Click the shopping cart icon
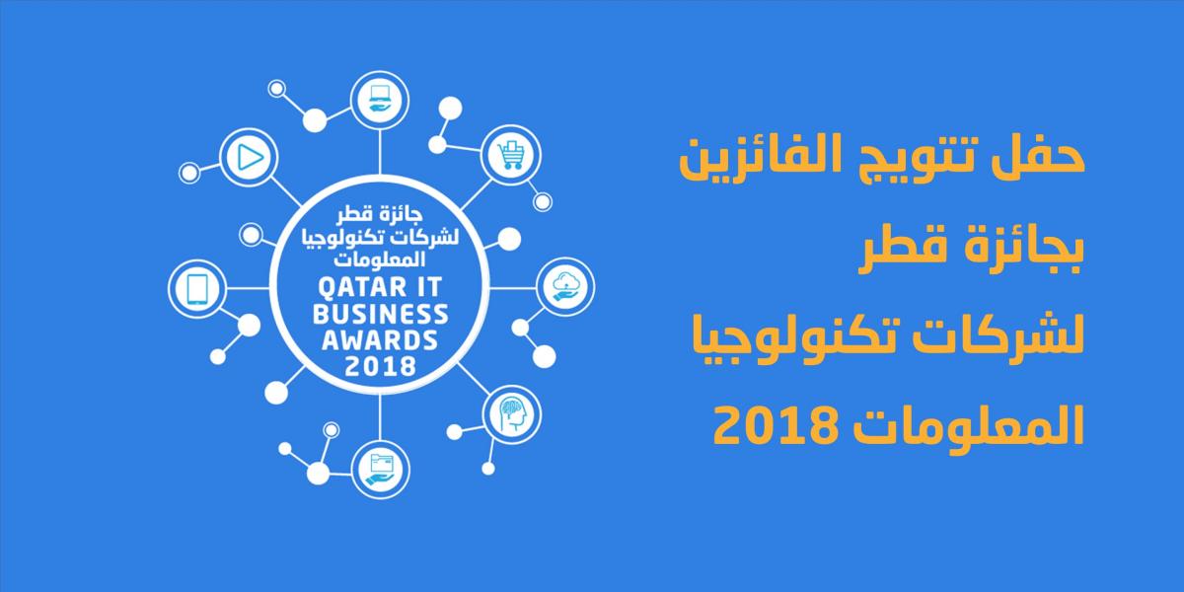click(511, 156)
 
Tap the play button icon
click(250, 157)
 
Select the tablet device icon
click(197, 289)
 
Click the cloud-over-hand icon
click(565, 286)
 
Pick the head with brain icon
click(512, 414)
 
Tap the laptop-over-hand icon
click(380, 99)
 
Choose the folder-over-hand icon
click(380, 469)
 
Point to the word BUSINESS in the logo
click(380, 314)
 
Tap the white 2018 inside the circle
click(380, 366)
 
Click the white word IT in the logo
click(427, 287)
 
